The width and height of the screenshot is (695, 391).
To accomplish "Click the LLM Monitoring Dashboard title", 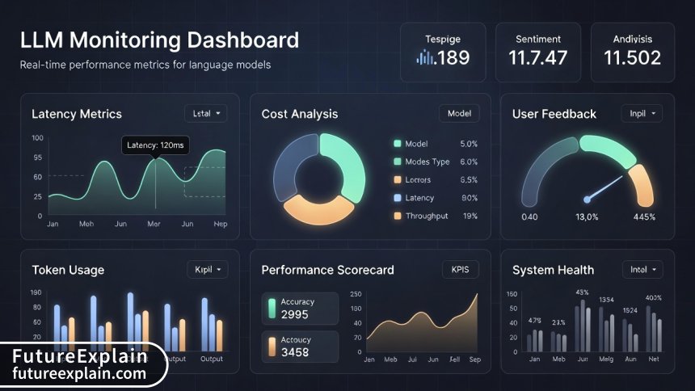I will pyautogui.click(x=159, y=40).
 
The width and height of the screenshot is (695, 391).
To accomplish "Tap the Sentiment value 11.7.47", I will pyautogui.click(x=538, y=57).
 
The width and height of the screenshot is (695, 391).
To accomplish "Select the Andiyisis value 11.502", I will pyautogui.click(x=633, y=57).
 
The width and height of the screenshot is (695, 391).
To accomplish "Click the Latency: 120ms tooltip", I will pyautogui.click(x=156, y=145).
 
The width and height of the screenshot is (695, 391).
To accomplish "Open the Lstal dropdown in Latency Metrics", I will pyautogui.click(x=206, y=114).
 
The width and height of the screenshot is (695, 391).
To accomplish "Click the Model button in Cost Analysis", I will pyautogui.click(x=459, y=114).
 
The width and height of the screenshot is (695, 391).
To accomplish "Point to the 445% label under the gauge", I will pyautogui.click(x=644, y=217).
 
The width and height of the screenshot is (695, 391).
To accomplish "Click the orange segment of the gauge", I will pyautogui.click(x=641, y=184).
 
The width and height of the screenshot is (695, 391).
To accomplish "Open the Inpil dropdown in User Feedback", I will pyautogui.click(x=641, y=114).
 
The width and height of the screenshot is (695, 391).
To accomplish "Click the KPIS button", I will pyautogui.click(x=459, y=270).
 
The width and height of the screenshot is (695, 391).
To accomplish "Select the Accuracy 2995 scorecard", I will pyautogui.click(x=300, y=309).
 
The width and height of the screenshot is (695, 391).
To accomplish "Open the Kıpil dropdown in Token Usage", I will pyautogui.click(x=207, y=270).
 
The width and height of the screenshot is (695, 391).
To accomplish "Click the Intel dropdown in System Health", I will pyautogui.click(x=642, y=270).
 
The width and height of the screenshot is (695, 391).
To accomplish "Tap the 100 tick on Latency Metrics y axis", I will pyautogui.click(x=37, y=138).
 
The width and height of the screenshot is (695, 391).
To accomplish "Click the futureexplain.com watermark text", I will pyautogui.click(x=79, y=373).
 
